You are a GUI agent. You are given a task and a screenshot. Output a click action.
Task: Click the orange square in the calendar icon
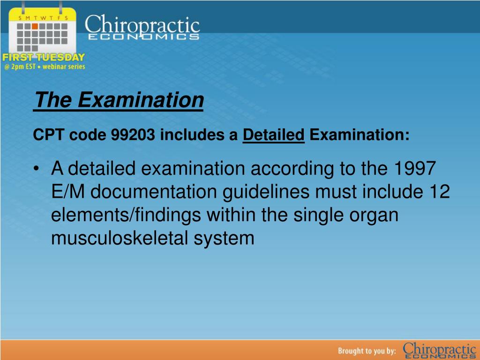35,26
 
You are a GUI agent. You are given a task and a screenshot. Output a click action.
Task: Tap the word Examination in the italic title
141,100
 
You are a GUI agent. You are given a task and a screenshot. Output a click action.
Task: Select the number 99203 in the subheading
133,135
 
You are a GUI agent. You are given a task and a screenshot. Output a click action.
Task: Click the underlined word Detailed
273,135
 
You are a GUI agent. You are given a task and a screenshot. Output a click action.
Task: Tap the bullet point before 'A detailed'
37,169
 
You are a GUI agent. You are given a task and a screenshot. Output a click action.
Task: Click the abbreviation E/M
67,192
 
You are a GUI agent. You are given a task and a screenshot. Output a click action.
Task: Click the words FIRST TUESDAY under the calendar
44,57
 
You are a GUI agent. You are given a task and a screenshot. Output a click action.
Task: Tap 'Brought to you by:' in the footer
367,351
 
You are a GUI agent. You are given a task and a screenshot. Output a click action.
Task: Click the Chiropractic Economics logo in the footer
439,351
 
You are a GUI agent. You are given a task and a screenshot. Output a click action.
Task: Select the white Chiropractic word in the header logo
142,24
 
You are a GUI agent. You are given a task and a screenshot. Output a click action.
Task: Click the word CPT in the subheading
48,135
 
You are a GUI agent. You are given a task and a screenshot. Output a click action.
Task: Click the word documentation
154,192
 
